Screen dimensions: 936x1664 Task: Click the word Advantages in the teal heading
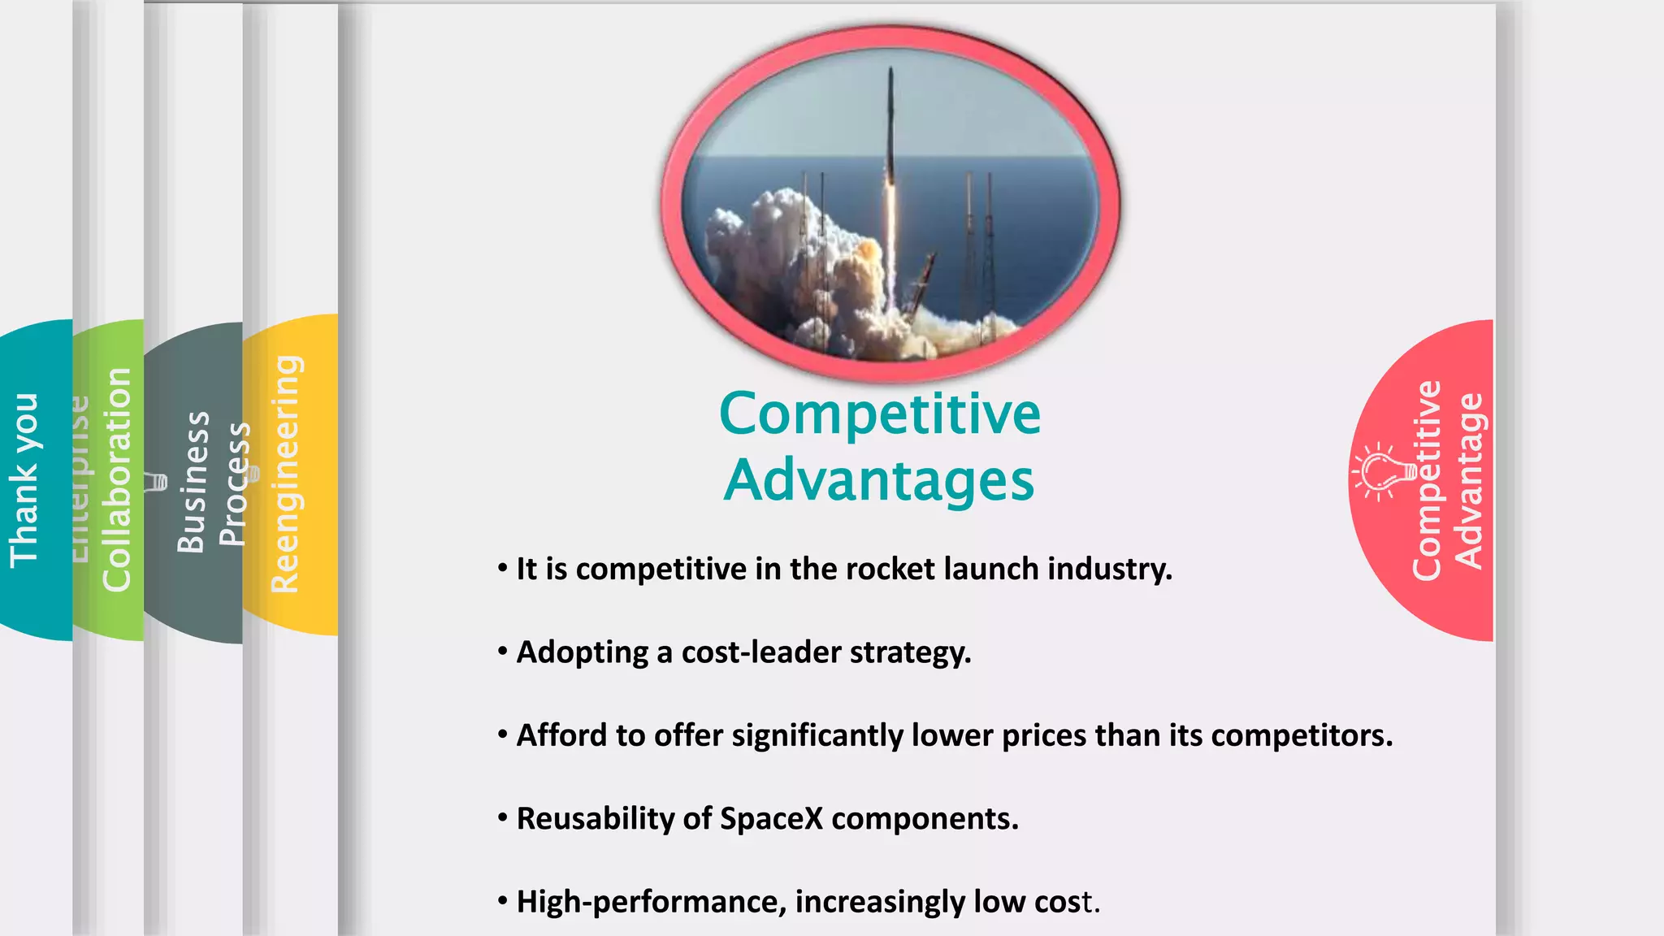point(879,481)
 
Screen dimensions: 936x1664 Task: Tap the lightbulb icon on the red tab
point(1378,470)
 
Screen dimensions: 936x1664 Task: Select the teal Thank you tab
point(24,480)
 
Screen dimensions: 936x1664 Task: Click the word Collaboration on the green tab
point(117,479)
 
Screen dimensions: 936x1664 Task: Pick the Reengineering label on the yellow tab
point(286,474)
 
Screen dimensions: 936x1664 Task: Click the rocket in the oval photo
point(890,146)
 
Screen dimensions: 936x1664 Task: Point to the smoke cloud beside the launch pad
point(780,260)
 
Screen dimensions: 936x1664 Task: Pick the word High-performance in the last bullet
point(651,902)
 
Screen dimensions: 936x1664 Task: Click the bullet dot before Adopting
point(503,652)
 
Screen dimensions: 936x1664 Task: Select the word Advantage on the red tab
point(1469,481)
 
